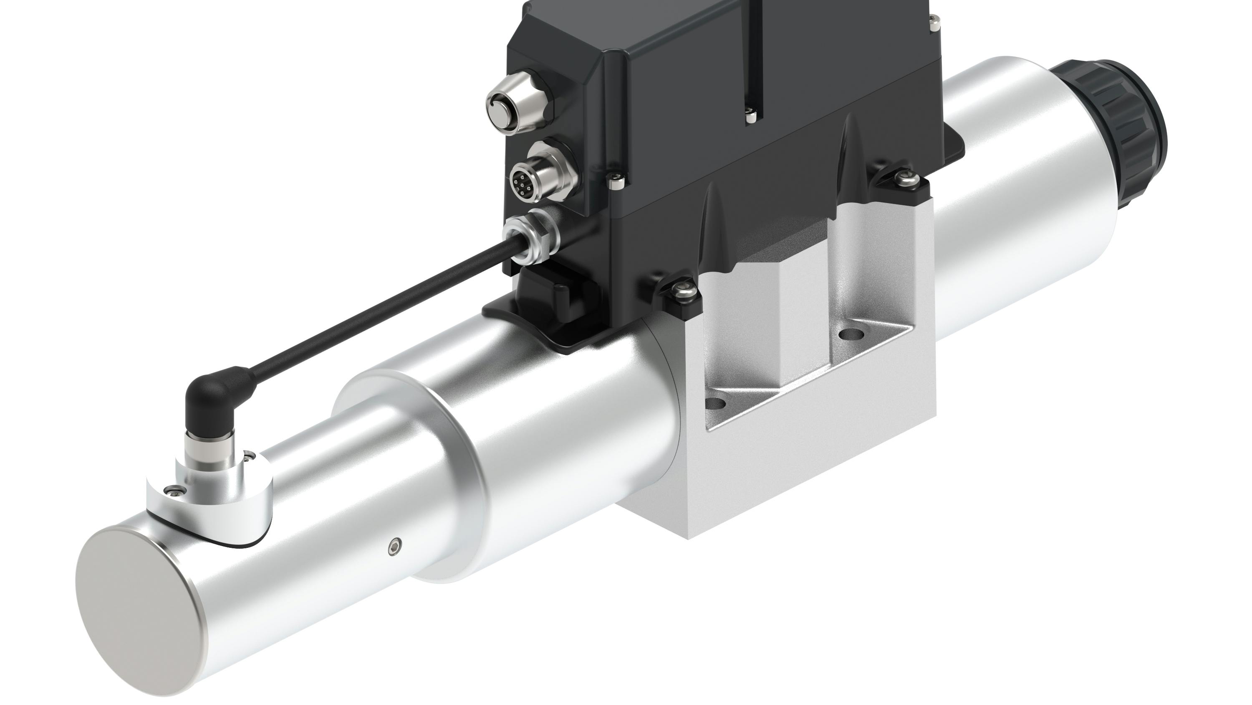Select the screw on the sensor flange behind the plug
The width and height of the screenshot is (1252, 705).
250,456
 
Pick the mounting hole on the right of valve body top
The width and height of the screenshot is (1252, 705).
850,334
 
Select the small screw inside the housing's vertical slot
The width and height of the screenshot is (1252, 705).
751,115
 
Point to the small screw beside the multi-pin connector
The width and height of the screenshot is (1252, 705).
616,183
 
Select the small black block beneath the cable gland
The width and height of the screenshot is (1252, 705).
540,287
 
